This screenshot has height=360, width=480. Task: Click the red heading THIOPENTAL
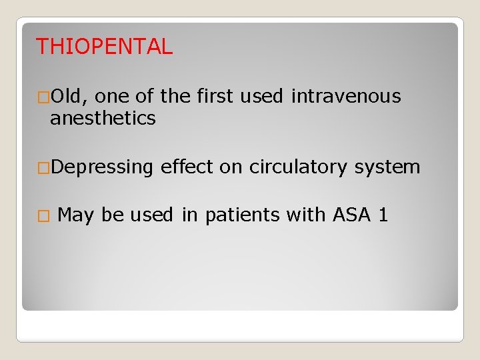(104, 47)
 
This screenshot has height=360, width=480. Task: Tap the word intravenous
(346, 97)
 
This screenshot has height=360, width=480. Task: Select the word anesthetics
(103, 119)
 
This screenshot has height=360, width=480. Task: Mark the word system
(387, 167)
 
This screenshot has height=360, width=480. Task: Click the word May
(75, 215)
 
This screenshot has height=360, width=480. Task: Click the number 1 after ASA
(383, 215)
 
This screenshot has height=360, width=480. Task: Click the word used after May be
(150, 215)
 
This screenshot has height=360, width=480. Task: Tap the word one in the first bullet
(113, 97)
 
